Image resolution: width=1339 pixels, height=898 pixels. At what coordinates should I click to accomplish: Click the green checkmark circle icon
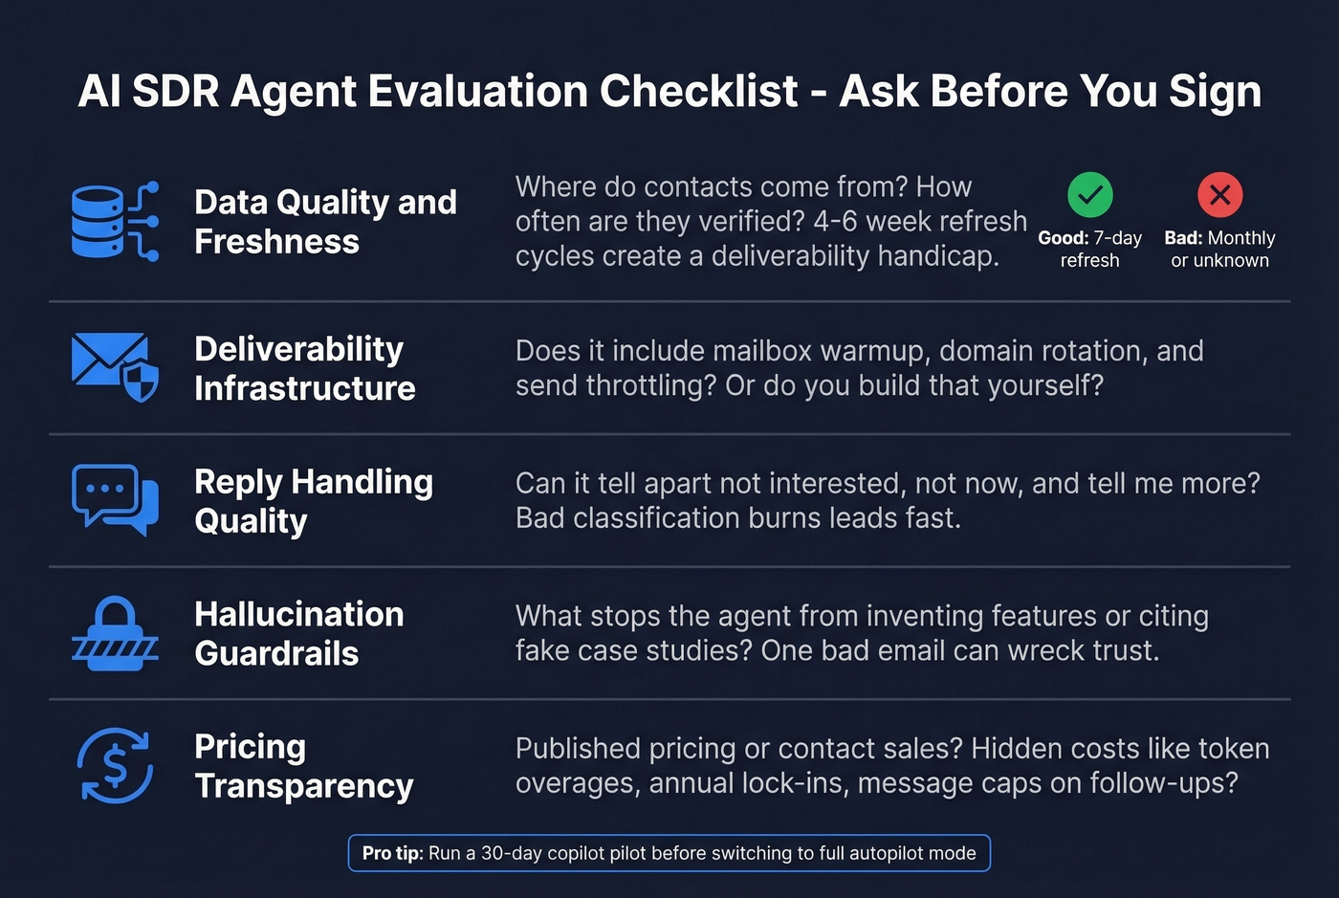click(1089, 195)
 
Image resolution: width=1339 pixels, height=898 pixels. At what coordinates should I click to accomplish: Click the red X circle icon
click(1219, 195)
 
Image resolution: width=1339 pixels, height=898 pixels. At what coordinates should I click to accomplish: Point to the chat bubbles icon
click(115, 499)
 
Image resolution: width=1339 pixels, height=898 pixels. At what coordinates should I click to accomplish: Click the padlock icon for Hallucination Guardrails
click(115, 633)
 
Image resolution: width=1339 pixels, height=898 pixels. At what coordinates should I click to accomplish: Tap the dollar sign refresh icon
click(115, 765)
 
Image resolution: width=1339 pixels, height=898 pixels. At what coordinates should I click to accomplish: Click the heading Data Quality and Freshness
click(325, 222)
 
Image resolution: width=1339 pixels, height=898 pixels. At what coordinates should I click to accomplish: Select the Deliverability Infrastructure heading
click(304, 368)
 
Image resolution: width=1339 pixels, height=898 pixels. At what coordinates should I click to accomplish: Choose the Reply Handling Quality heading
click(313, 501)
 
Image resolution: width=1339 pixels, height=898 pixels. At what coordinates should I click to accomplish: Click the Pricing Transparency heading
click(303, 766)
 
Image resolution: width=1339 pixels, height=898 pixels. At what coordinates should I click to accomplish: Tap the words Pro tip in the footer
click(392, 853)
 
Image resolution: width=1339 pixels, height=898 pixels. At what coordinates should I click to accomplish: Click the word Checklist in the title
click(698, 92)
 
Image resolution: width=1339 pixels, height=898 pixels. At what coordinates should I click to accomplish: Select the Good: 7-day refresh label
click(1089, 249)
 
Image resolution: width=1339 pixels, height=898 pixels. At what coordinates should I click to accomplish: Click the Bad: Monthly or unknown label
click(1219, 249)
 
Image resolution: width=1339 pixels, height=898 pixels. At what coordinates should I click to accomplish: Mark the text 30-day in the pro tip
click(511, 853)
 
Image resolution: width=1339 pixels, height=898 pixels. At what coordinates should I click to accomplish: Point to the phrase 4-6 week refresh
click(919, 221)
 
